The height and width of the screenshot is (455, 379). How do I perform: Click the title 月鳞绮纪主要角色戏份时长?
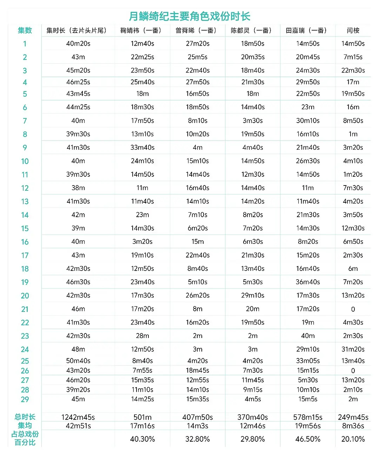pyautogui.click(x=189, y=16)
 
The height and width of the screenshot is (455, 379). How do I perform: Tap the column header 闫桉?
pyautogui.click(x=353, y=31)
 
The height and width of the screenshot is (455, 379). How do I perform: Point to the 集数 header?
pyautogui.click(x=25, y=31)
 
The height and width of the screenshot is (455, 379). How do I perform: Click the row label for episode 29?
pyautogui.click(x=25, y=399)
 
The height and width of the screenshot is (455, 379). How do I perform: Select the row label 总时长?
pyautogui.click(x=25, y=417)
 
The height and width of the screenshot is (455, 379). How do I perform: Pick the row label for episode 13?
pyautogui.click(x=25, y=202)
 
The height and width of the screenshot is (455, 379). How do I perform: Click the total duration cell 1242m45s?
pyautogui.click(x=78, y=417)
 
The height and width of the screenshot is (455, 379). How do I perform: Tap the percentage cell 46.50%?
pyautogui.click(x=308, y=439)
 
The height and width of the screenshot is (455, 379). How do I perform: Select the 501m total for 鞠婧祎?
pyautogui.click(x=142, y=417)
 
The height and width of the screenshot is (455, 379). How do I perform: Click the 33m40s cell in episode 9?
pyautogui.click(x=142, y=148)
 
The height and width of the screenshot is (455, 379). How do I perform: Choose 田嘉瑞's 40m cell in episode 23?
pyautogui.click(x=308, y=336)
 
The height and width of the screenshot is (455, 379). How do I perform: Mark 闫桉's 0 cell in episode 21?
pyautogui.click(x=353, y=309)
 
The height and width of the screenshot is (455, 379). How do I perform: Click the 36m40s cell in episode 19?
pyautogui.click(x=308, y=282)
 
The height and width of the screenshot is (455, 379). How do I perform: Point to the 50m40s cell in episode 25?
pyautogui.click(x=78, y=361)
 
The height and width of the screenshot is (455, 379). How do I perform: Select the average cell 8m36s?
pyautogui.click(x=353, y=426)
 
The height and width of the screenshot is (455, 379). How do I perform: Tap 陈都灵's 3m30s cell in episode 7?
pyautogui.click(x=252, y=121)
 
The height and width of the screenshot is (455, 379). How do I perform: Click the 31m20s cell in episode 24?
pyautogui.click(x=353, y=349)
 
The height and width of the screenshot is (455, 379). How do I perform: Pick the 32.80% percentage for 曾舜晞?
pyautogui.click(x=197, y=439)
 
